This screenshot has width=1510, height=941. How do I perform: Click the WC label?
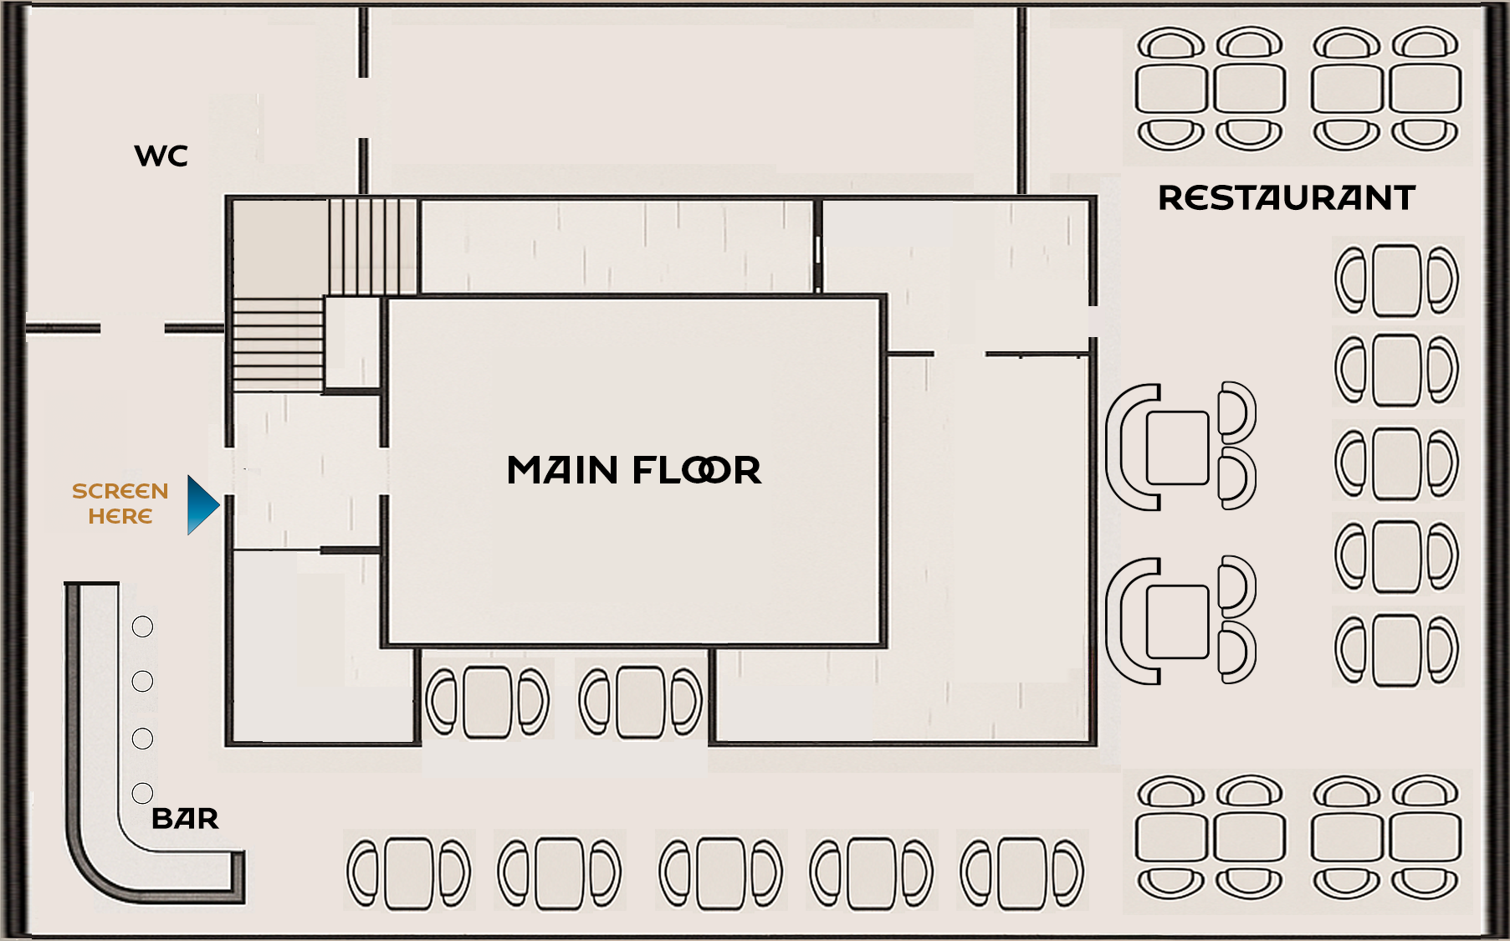tap(161, 156)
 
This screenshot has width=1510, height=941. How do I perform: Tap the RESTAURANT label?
tap(1286, 198)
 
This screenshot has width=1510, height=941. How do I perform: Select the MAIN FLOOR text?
tap(634, 470)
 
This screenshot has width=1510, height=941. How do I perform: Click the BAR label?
tap(185, 818)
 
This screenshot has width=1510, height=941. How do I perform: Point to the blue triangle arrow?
tap(202, 504)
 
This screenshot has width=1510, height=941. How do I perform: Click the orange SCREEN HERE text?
tap(120, 504)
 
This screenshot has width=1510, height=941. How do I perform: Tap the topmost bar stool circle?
tap(143, 626)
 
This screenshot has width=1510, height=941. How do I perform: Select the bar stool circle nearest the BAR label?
tap(143, 793)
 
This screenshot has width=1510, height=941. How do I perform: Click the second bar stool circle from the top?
tap(143, 682)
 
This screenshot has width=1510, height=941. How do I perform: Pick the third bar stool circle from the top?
tap(143, 739)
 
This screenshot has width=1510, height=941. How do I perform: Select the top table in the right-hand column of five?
tap(1396, 279)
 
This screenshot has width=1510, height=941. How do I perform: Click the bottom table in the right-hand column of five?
tap(1396, 650)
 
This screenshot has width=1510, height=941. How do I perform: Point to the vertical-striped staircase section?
tap(373, 246)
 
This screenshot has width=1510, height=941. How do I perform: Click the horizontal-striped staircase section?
tap(278, 344)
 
